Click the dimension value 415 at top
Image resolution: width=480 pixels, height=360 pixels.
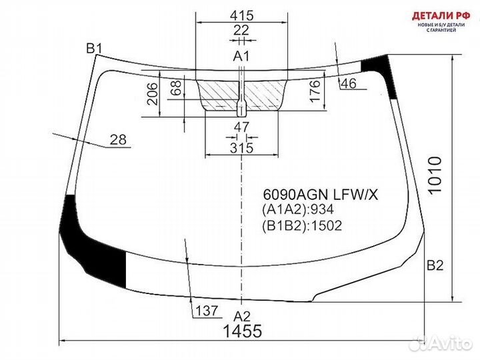click(241, 15)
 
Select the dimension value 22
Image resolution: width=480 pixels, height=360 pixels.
click(241, 30)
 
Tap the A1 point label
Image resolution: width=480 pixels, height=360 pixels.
click(241, 56)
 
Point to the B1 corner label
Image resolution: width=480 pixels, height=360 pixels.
click(94, 47)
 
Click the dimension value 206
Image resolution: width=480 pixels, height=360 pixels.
click(151, 96)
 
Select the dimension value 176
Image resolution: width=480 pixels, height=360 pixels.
click(315, 93)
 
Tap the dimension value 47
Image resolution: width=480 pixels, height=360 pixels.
click(241, 127)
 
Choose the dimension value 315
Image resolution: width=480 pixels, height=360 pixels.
click(241, 147)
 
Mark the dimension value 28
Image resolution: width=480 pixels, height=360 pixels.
click(118, 139)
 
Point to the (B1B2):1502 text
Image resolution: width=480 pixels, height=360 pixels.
click(301, 226)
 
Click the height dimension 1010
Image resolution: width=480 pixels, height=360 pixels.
click(435, 176)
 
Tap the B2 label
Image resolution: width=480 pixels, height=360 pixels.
click(435, 265)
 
